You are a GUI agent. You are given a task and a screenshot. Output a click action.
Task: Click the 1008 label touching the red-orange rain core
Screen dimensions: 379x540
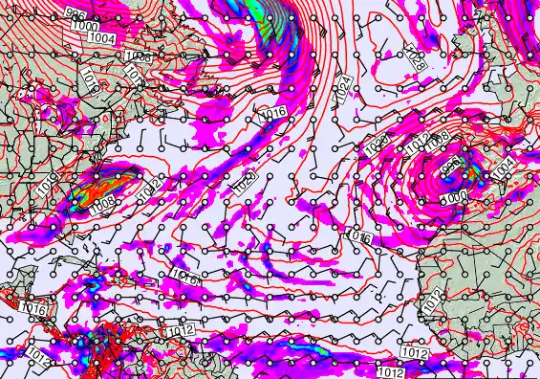103,200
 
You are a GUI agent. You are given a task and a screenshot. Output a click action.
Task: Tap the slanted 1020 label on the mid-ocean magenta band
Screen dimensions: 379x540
246,181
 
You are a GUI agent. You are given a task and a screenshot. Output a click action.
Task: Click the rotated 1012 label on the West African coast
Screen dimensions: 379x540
432,299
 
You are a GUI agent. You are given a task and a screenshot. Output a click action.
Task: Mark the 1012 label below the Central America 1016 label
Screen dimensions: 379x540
37,353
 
